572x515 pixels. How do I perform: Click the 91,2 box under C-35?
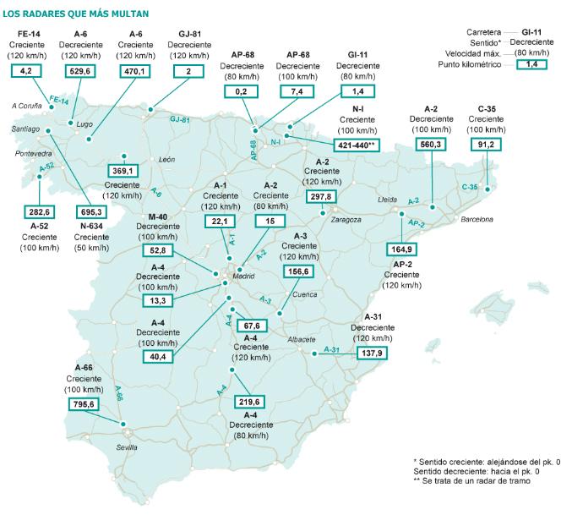(x=487, y=144)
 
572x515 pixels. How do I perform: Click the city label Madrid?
(x=243, y=275)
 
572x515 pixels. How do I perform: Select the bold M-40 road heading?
(x=158, y=216)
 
